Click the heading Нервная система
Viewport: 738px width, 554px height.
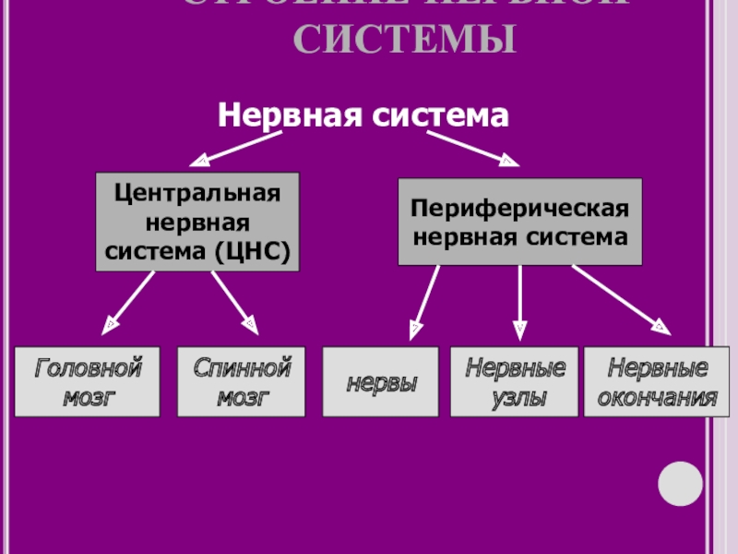click(x=363, y=115)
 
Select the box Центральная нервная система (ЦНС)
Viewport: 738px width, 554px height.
click(x=197, y=222)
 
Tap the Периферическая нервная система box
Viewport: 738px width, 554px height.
click(x=519, y=222)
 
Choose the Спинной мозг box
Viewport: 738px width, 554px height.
click(x=242, y=382)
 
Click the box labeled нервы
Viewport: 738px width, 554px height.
click(x=381, y=382)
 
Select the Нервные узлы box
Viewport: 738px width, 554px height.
click(x=514, y=382)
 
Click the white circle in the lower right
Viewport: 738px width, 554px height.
click(x=680, y=481)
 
